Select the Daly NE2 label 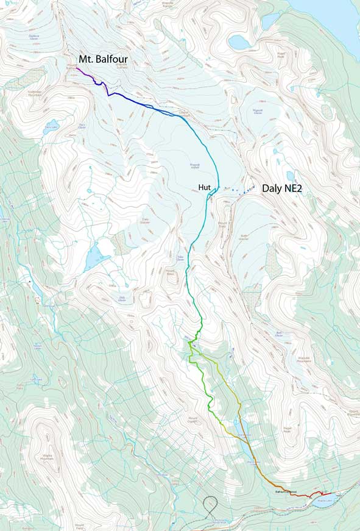coord(282,189)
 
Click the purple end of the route coord(77,69)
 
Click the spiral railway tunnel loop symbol coord(211,506)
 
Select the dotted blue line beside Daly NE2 coord(241,191)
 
